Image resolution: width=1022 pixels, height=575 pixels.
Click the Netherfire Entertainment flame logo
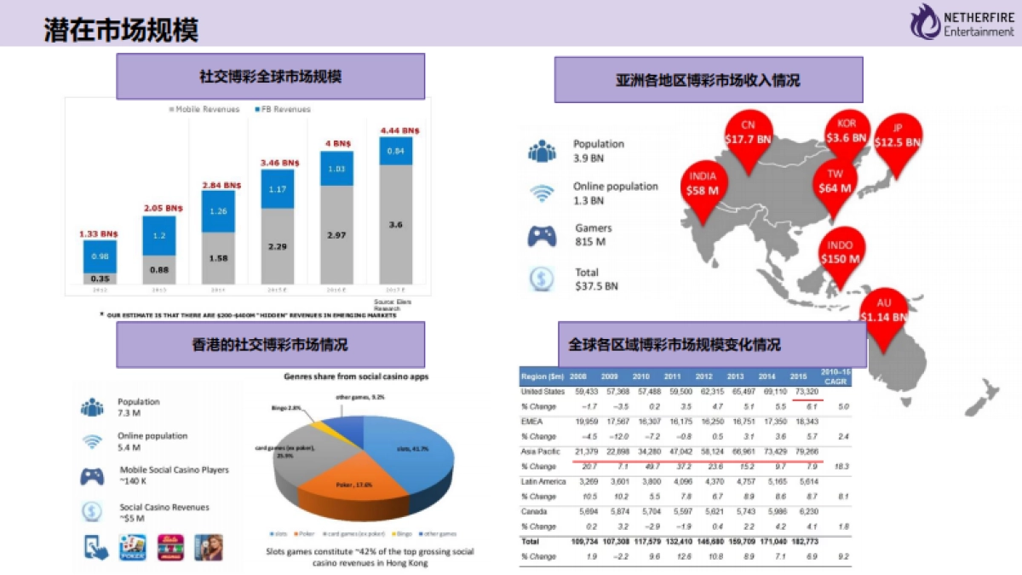click(926, 20)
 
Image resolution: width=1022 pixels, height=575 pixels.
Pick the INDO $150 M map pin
click(839, 254)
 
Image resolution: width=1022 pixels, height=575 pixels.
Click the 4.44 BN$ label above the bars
click(396, 130)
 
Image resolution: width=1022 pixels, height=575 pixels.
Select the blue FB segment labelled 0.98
click(100, 256)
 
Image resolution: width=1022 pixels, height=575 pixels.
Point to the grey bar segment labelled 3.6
click(396, 224)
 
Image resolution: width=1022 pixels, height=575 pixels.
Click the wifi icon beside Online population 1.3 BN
click(542, 193)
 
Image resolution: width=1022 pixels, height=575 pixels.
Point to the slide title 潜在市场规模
click(121, 32)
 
